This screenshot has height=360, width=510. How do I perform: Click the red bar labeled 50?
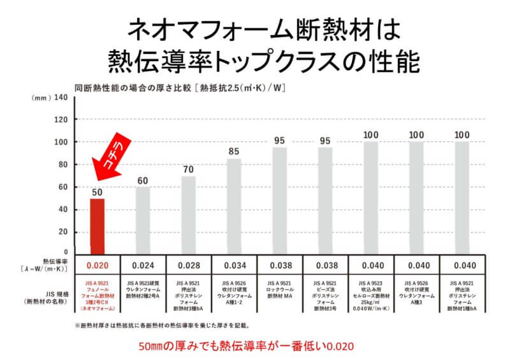point(97,225)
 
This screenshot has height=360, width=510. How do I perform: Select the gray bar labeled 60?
point(143,220)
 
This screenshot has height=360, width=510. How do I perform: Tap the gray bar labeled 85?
point(234,205)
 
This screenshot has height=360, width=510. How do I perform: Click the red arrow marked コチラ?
point(109,155)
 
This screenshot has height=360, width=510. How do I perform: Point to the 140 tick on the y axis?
point(60,97)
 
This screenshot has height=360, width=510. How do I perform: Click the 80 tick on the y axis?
point(62,164)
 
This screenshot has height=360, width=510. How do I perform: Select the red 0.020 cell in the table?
point(97,265)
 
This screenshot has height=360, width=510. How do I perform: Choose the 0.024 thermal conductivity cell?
point(143,265)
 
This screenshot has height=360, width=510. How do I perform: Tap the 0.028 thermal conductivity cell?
point(188,265)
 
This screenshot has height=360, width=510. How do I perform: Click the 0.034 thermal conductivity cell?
point(234,265)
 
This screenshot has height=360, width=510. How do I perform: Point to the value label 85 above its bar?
point(234,152)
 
